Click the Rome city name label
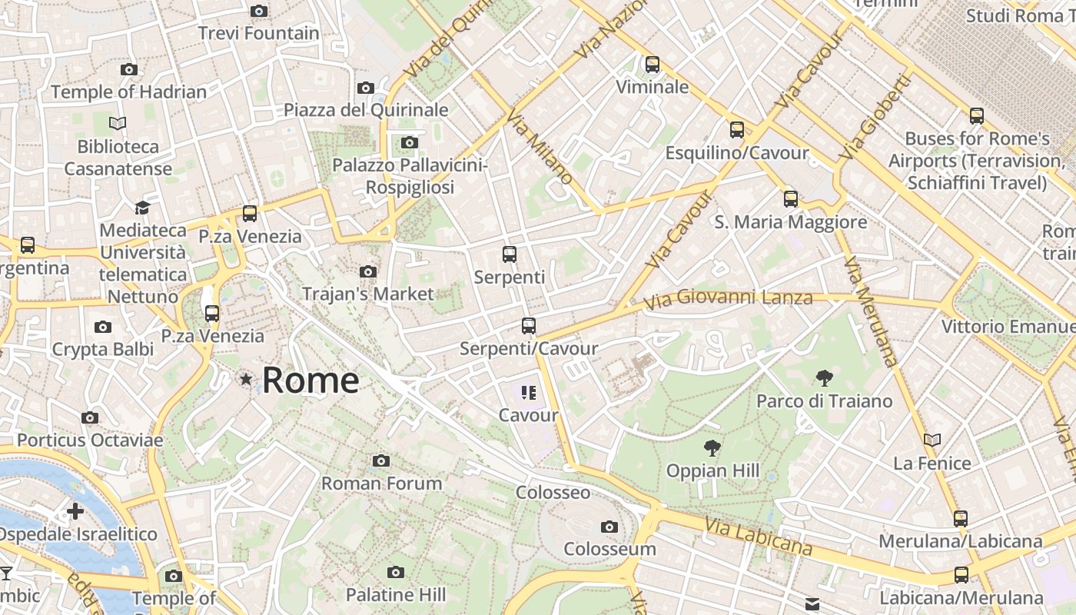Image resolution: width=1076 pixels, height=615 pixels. coord(311,381)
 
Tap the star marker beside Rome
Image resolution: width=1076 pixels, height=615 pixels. coord(246,379)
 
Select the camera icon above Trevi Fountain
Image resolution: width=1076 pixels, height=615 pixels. coord(259,11)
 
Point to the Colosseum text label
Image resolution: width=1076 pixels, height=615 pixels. coord(609,549)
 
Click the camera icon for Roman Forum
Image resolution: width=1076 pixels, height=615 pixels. coord(380,460)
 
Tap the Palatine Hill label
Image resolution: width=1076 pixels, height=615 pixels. coord(396,594)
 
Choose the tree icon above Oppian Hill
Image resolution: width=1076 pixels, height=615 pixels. coord(712,447)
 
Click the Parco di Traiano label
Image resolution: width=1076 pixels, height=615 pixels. coord(825,401)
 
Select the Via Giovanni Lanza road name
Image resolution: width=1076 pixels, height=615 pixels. coord(728,298)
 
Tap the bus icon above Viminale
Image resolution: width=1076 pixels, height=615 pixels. coord(653,64)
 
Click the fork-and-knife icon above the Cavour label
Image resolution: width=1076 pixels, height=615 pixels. coord(528,393)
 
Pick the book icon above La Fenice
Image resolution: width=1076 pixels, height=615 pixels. coord(932,440)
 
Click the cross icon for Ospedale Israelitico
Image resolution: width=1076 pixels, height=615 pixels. coord(75,511)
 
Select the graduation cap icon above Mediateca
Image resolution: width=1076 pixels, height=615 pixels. coord(142,208)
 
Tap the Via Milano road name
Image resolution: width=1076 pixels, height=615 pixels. coord(540,146)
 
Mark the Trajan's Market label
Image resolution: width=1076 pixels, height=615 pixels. coord(368,294)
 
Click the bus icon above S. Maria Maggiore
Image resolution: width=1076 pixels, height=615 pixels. coord(791,199)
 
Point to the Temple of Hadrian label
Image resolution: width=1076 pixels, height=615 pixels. coord(129,92)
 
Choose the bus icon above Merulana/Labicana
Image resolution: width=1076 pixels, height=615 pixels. coord(961,518)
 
